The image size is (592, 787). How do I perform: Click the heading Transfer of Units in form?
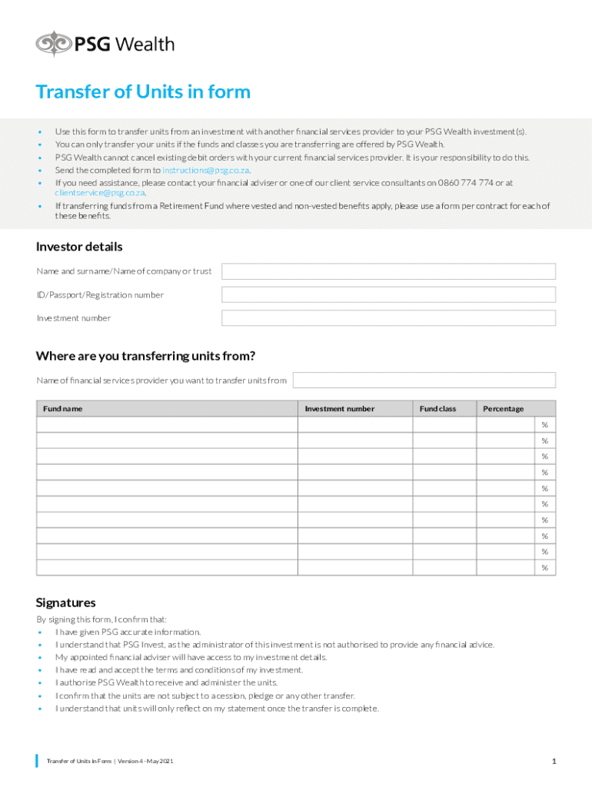click(x=143, y=92)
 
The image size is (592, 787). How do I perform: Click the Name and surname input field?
click(x=388, y=271)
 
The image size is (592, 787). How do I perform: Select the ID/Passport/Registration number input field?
click(x=388, y=295)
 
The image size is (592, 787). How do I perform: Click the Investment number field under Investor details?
click(x=388, y=318)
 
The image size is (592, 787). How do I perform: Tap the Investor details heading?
click(x=79, y=247)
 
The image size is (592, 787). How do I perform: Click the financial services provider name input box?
click(x=424, y=380)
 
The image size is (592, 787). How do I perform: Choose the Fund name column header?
click(x=63, y=409)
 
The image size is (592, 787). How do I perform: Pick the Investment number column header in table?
click(x=339, y=409)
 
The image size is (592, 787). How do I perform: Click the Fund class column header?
click(x=437, y=409)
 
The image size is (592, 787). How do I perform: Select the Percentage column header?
click(x=503, y=409)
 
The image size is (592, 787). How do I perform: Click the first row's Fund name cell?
click(x=167, y=425)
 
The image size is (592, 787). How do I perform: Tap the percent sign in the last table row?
click(x=544, y=568)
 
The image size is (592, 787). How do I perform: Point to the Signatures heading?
click(x=66, y=603)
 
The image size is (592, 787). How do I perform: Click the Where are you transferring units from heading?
click(x=145, y=356)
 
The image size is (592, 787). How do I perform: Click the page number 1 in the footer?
click(x=553, y=761)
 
